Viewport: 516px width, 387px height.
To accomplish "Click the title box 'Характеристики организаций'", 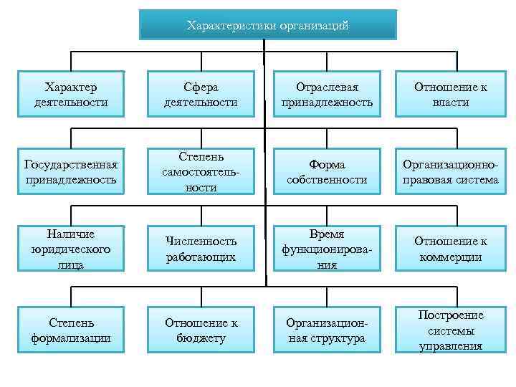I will tap(267, 25).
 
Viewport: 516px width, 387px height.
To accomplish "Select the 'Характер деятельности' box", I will tap(71, 95).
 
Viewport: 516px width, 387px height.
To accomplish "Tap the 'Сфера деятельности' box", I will tap(201, 95).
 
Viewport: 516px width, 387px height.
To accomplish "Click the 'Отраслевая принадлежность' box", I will tap(327, 95).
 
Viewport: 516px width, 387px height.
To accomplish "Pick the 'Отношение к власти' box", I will tap(451, 95).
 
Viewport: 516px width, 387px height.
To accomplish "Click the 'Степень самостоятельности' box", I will tap(200, 172).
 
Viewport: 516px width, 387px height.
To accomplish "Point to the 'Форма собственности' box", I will tap(327, 172).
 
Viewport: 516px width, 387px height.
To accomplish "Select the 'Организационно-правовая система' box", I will tap(451, 172).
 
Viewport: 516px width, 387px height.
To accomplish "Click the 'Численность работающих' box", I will tap(201, 249).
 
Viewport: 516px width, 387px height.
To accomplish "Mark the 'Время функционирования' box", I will tap(327, 249).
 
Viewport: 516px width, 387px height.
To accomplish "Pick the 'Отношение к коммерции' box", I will tap(451, 249).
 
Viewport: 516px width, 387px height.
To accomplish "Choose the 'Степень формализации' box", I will tap(71, 330).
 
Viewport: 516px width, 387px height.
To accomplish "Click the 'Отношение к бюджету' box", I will tap(201, 330).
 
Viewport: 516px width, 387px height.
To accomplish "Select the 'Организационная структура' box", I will tap(327, 330).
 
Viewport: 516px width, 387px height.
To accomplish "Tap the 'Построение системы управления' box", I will tap(451, 330).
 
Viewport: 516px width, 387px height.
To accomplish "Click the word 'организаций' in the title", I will tap(315, 26).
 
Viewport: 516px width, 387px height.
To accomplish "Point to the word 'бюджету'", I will tap(201, 338).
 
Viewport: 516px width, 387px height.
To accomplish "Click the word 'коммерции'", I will tap(451, 257).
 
